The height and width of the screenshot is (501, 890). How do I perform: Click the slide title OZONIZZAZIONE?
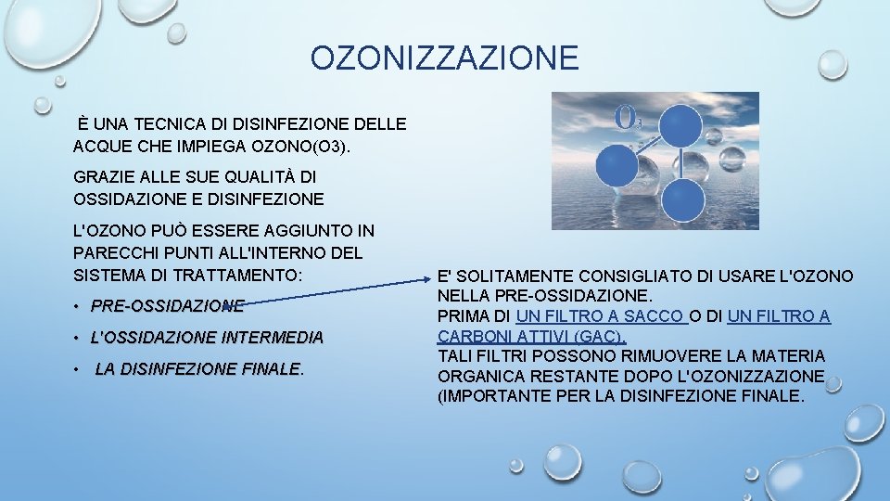(444, 58)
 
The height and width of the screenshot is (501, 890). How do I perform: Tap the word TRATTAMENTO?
(245, 275)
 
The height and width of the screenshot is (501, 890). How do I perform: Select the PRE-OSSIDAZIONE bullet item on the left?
(168, 305)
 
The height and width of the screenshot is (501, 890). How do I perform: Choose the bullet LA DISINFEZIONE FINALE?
(198, 369)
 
